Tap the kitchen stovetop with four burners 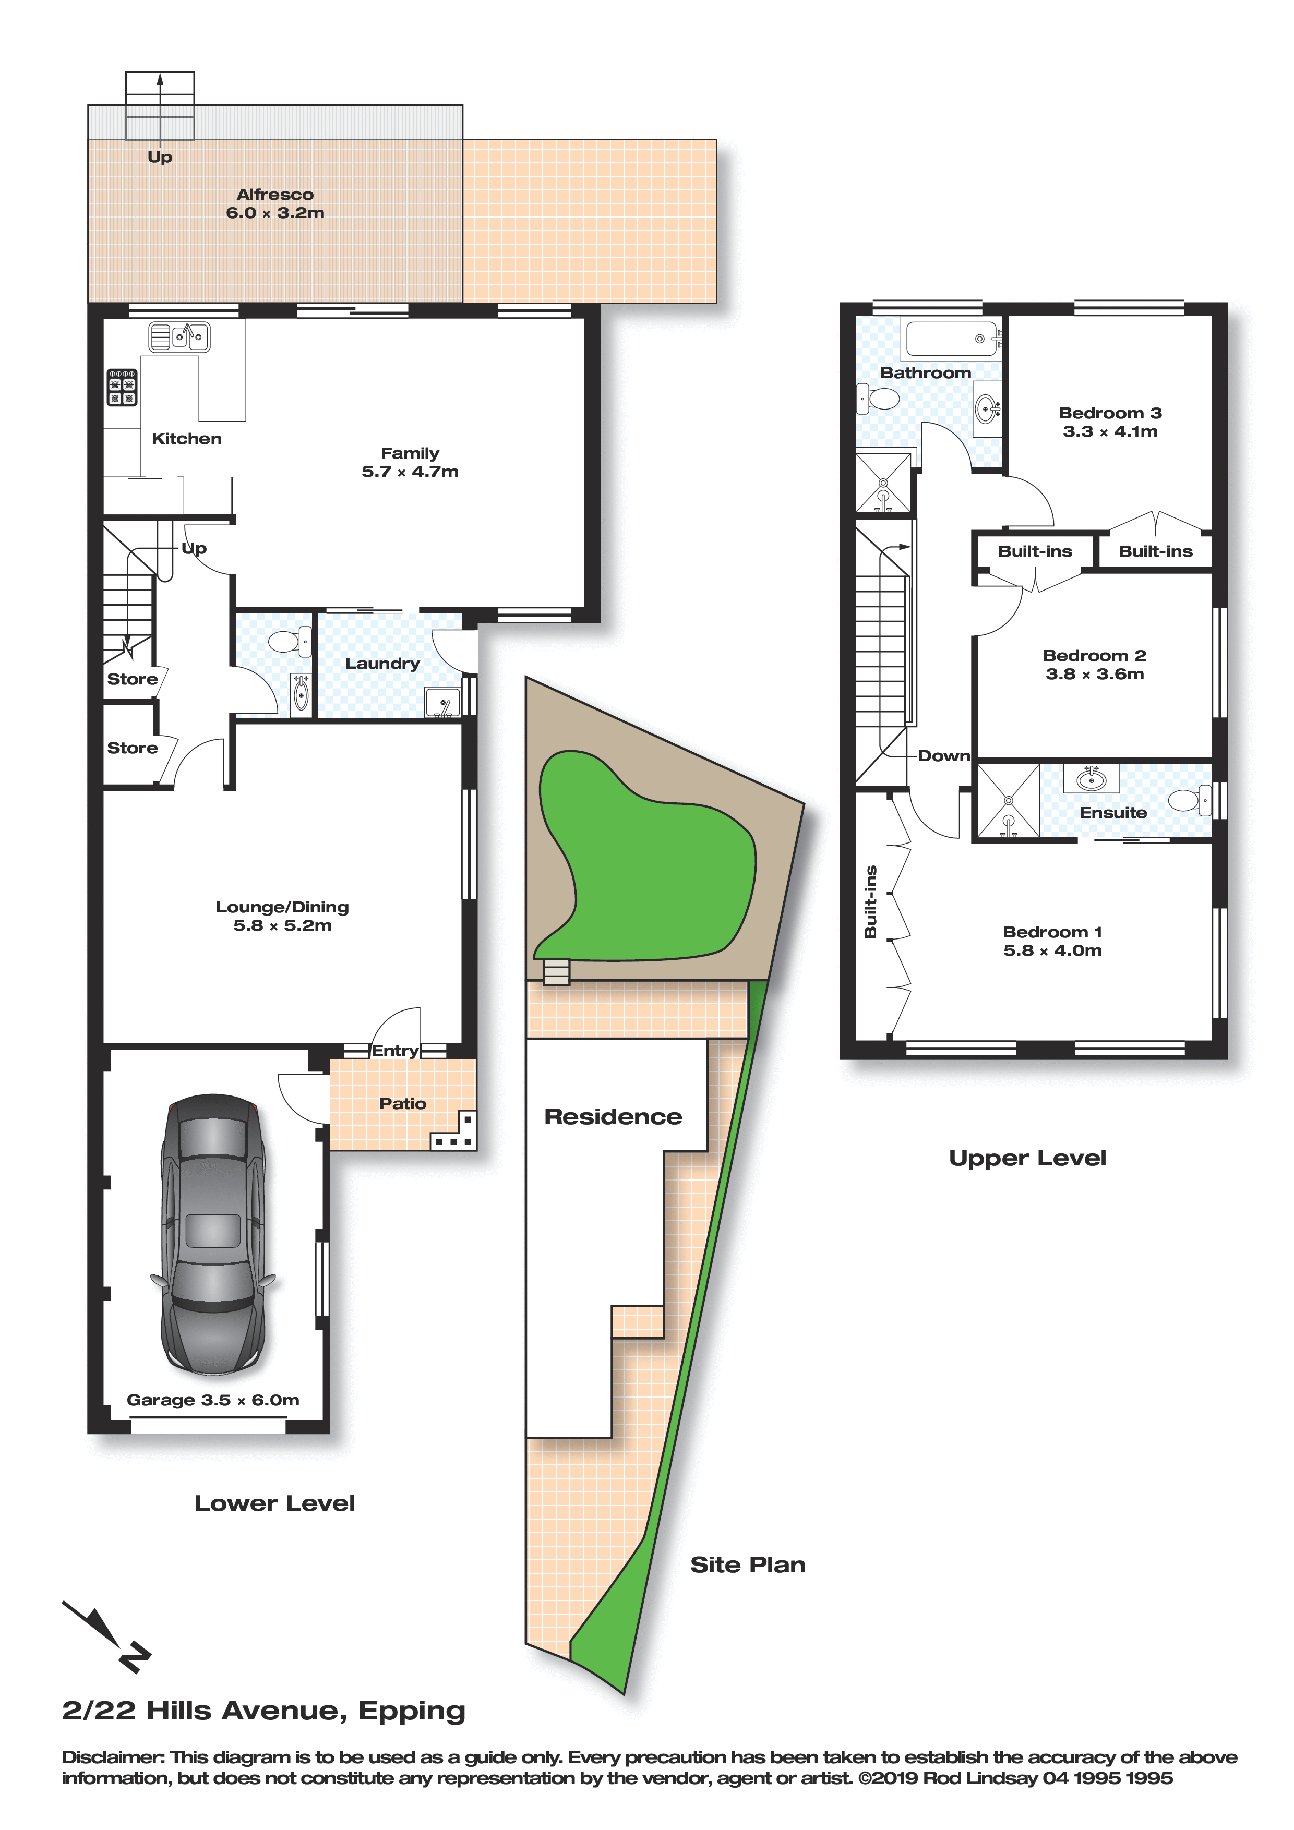(x=122, y=388)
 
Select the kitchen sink (x=179, y=336)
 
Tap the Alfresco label (x=275, y=195)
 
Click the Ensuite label (x=1113, y=812)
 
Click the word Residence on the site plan (x=613, y=1117)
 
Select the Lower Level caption (x=275, y=1503)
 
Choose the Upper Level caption (x=1028, y=1158)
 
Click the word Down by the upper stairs (x=944, y=755)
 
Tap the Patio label (x=403, y=1103)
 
